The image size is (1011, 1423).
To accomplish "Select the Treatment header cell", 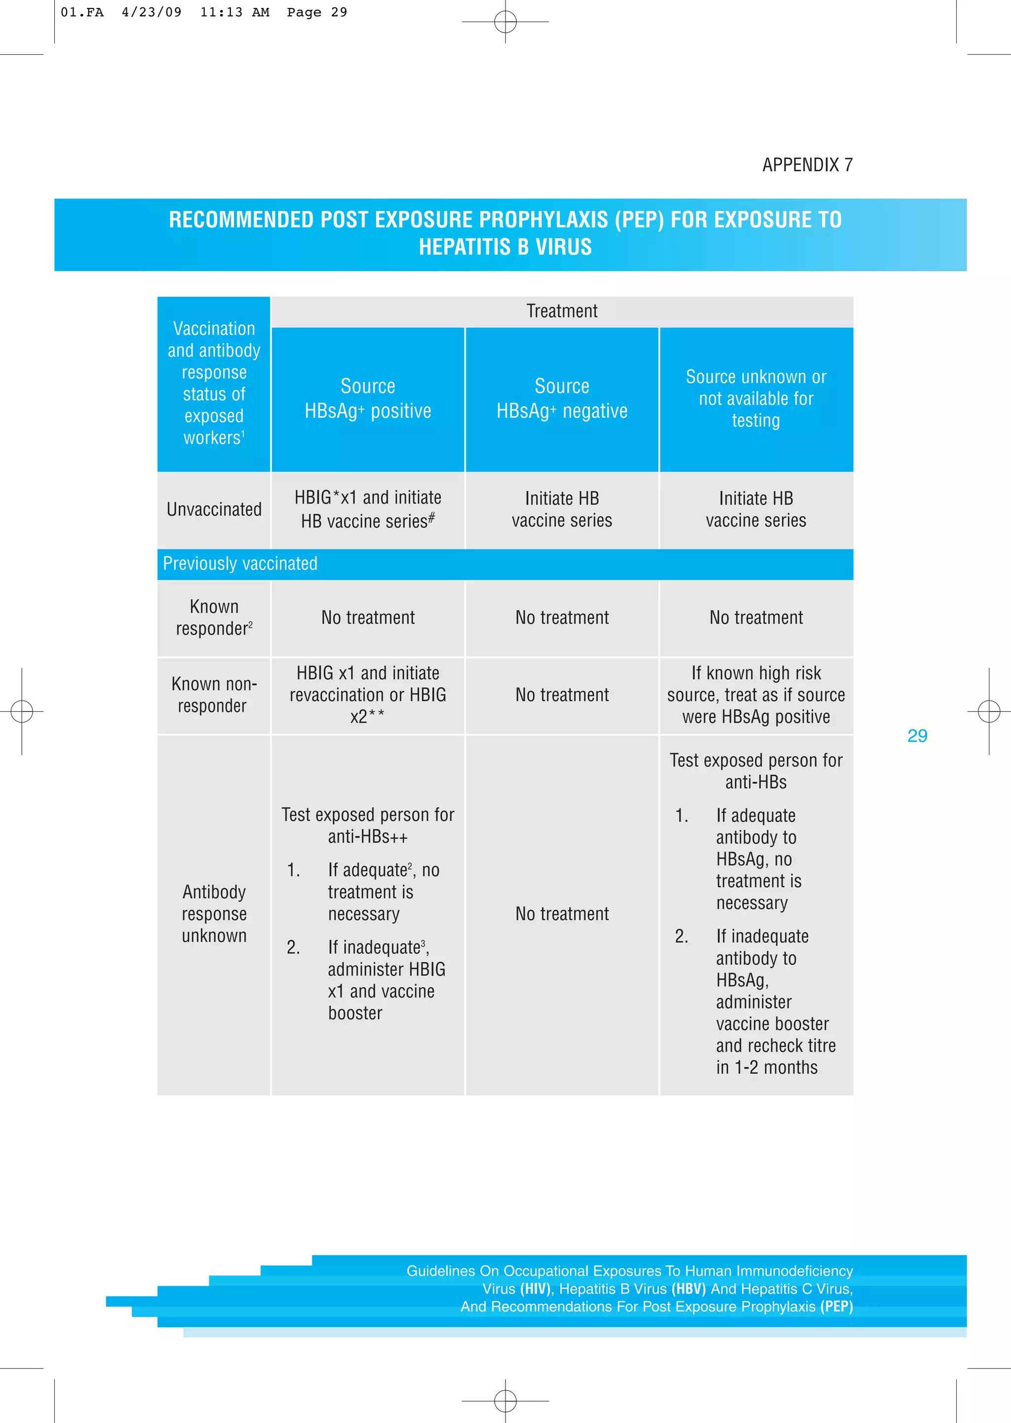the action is (x=561, y=311).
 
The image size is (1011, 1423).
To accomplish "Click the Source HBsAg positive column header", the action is (x=367, y=398).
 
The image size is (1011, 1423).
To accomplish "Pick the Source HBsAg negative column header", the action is (x=561, y=398).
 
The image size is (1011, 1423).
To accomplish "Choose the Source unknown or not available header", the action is (x=756, y=398).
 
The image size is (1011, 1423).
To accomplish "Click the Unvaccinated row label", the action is (x=214, y=510).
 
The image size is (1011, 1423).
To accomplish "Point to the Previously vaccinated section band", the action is (x=240, y=564).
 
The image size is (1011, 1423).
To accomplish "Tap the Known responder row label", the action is (x=214, y=617).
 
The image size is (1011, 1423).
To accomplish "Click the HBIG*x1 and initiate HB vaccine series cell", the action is (x=367, y=509).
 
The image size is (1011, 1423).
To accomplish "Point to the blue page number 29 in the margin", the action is (x=917, y=736).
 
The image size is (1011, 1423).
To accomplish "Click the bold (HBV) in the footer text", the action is (x=689, y=1289).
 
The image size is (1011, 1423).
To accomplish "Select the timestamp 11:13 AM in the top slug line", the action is (x=234, y=12).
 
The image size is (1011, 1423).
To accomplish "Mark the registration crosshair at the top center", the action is (x=505, y=22).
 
